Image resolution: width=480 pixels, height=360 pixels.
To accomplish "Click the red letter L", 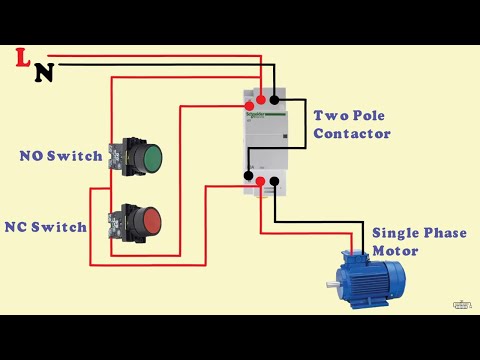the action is point(22,58).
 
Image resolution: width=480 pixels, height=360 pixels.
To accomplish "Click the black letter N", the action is point(43,72).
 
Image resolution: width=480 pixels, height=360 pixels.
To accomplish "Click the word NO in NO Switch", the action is point(32,156).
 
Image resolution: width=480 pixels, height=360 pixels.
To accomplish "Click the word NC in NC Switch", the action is point(17,227).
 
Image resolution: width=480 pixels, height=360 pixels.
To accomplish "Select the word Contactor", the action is point(351,133).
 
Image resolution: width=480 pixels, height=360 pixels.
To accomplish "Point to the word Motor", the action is point(394,250).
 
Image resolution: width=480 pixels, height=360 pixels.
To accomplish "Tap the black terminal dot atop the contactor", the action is point(275,99).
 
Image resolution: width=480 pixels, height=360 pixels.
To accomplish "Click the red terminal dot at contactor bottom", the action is point(260,181).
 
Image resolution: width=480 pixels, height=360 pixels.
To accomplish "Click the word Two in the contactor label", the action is point(328,115).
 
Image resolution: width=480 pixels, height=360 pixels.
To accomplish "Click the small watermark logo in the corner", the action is point(462,304).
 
